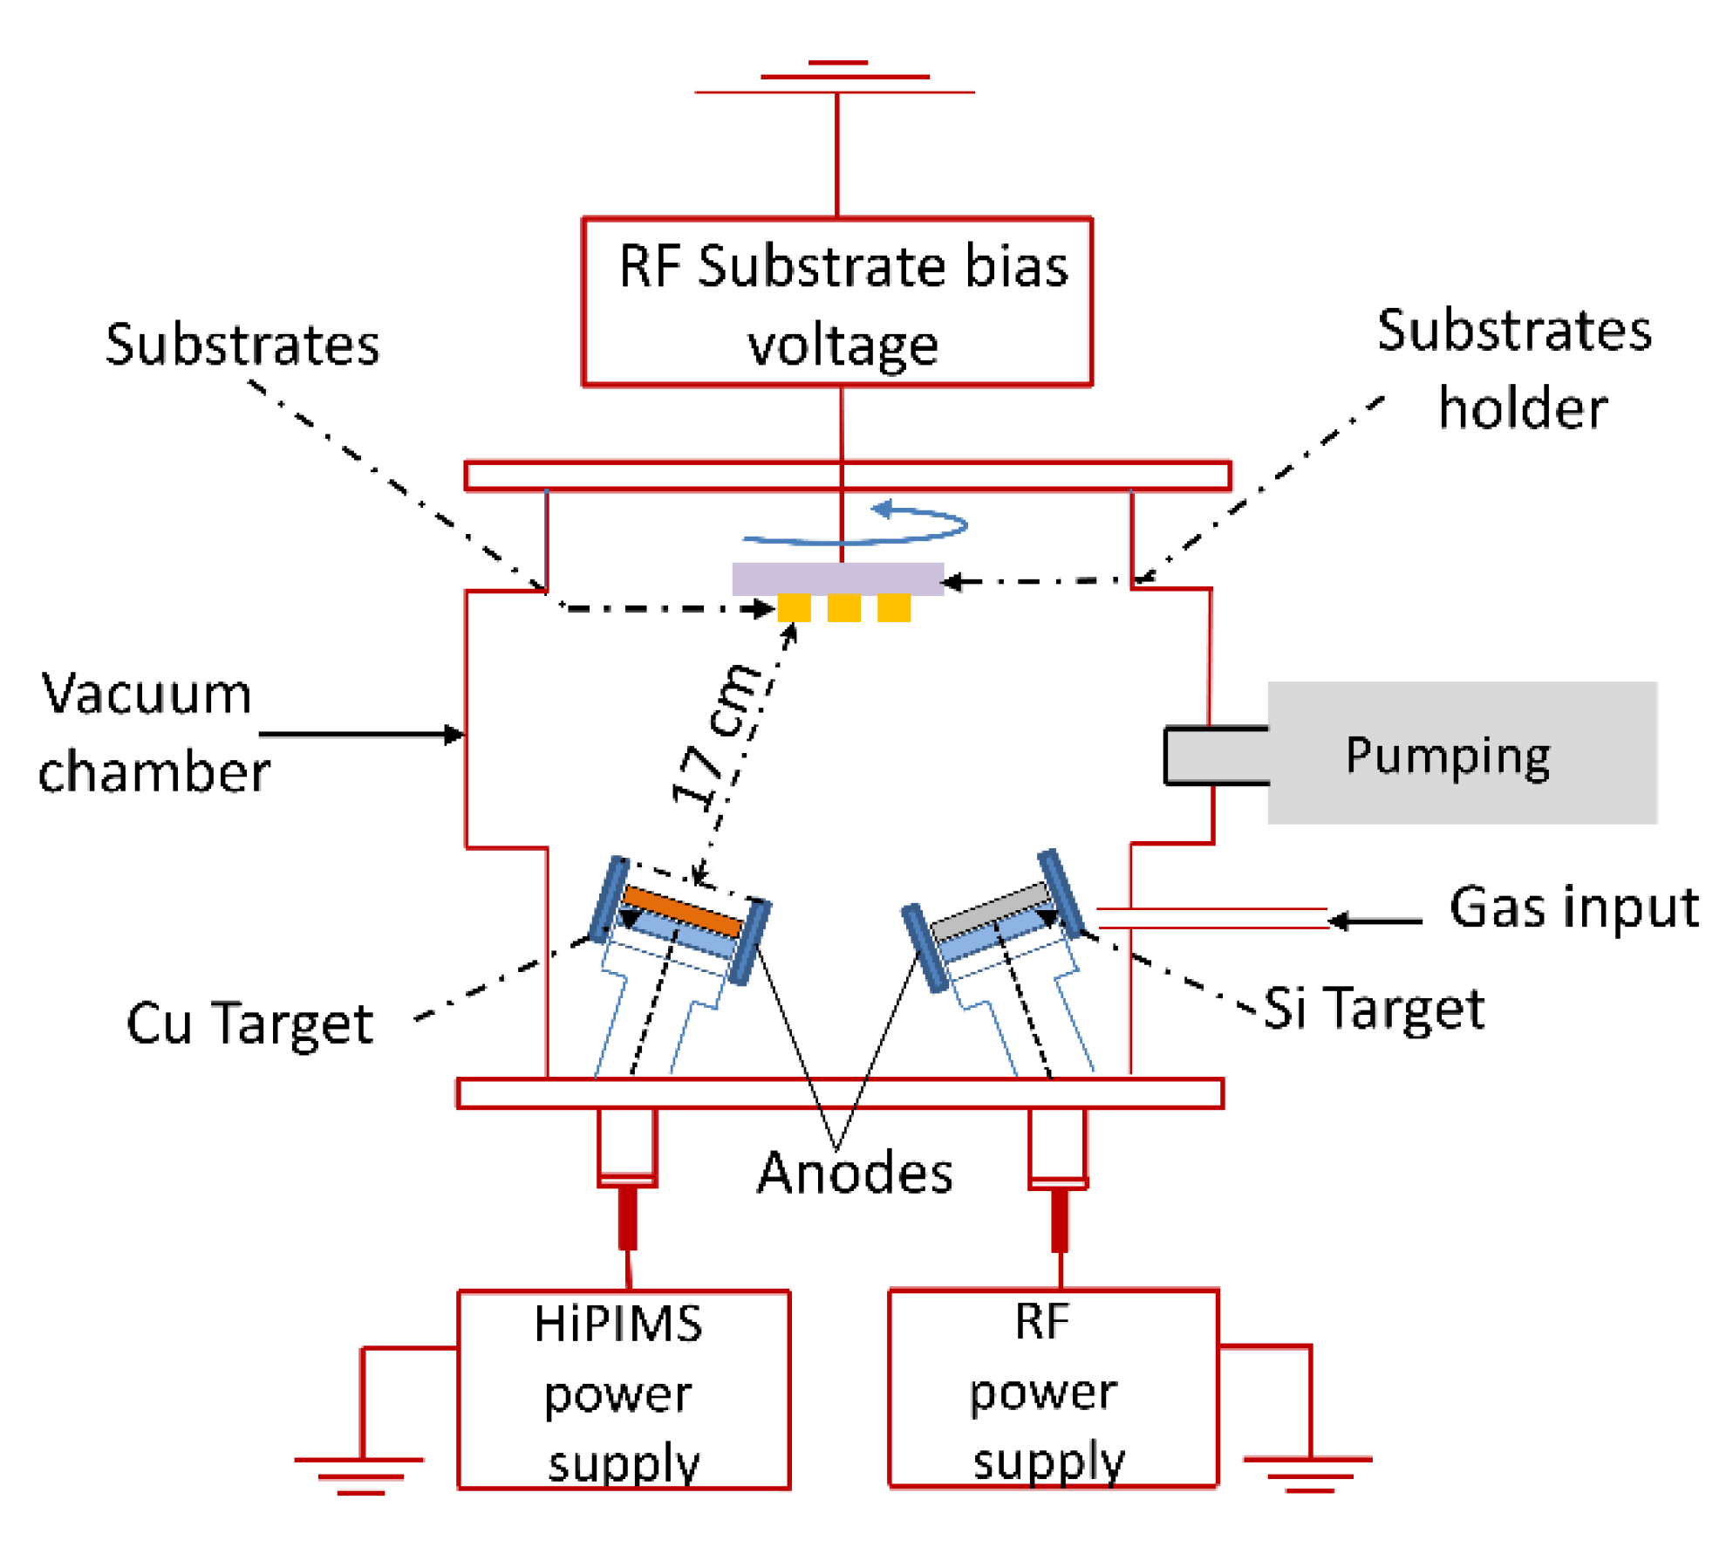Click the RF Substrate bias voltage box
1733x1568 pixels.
[x=837, y=302]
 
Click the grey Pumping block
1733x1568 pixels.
[x=1462, y=753]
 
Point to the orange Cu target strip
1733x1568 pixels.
[x=683, y=910]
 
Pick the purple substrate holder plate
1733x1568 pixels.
[x=837, y=579]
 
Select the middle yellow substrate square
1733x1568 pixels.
[x=843, y=607]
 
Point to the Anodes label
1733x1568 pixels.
[x=855, y=1173]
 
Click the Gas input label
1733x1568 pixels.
[x=1574, y=907]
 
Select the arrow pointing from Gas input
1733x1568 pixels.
[x=1375, y=921]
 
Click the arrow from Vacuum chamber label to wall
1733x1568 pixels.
[x=362, y=735]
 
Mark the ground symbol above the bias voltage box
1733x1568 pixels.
[x=836, y=77]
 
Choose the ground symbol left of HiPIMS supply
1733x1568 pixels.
[x=359, y=1475]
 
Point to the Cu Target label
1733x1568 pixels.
[x=250, y=1024]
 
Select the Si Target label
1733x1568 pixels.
[x=1375, y=1009]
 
